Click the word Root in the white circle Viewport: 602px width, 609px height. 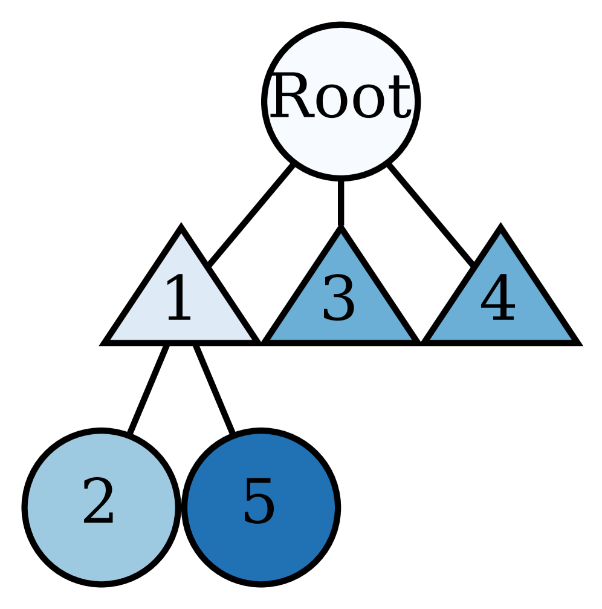340,97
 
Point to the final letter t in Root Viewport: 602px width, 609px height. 403,98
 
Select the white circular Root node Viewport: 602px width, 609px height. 341,145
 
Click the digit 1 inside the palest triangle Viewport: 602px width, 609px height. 178,299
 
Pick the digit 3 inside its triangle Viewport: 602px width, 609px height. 338,299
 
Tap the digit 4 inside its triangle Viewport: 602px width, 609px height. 498,299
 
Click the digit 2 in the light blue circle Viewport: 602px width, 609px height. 99,501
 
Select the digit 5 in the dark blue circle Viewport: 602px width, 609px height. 259,501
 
